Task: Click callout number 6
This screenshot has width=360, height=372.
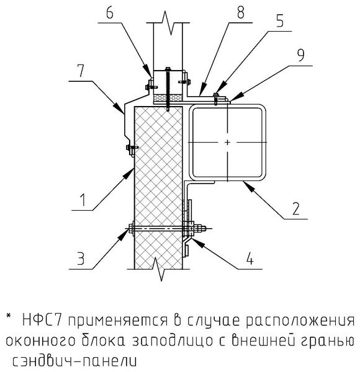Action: coord(110,13)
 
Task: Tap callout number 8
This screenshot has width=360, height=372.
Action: coord(240,12)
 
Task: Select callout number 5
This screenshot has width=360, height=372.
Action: coord(280,21)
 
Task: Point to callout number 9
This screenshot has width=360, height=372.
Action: coord(300,55)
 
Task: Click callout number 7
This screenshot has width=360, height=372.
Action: coord(81,71)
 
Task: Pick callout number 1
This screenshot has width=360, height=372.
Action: coord(83,199)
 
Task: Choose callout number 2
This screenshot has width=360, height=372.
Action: coord(295,208)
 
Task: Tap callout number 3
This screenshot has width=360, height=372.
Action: coord(81,259)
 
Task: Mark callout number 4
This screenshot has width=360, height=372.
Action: coord(250,259)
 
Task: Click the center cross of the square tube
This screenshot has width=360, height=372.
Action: coord(227,143)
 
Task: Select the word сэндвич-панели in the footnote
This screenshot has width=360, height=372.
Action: coord(74,361)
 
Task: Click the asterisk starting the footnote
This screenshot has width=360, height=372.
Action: coord(9,316)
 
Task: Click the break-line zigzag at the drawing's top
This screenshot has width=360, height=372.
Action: coord(168,23)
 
